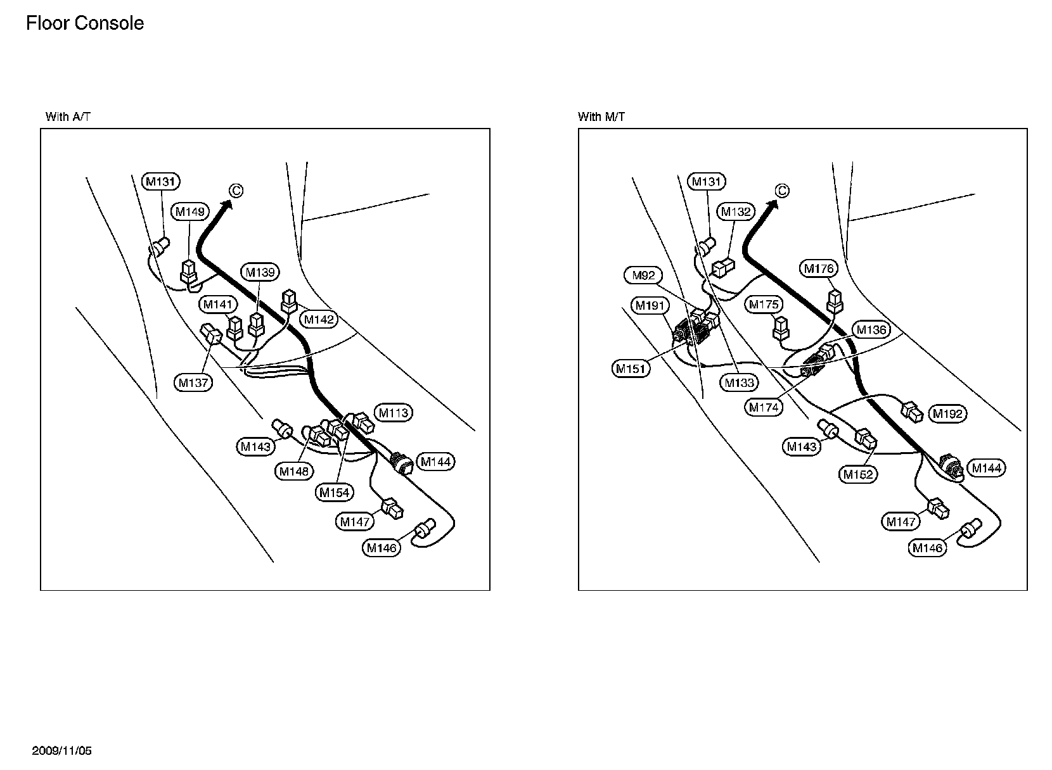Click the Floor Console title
point(85,23)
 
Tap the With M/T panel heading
point(601,117)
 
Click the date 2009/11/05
point(62,751)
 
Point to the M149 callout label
point(190,211)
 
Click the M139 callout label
point(260,273)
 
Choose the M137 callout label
point(194,382)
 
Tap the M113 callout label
point(394,413)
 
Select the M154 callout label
point(335,492)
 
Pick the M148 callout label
point(295,471)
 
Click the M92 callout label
point(644,275)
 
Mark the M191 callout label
point(650,306)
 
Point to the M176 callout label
point(819,268)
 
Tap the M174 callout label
point(763,408)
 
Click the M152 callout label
point(859,474)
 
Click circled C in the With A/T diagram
point(236,191)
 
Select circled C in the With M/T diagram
point(782,191)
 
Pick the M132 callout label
point(736,211)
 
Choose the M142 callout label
point(318,320)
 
